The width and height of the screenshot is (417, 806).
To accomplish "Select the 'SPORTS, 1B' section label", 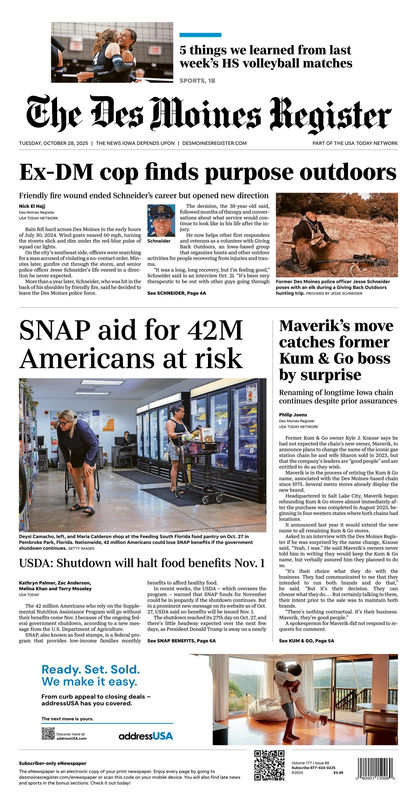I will coord(197,81).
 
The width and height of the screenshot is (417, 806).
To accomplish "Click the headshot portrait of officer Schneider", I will coord(161,221).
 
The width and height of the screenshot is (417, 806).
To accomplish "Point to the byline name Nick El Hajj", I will coord(32,206).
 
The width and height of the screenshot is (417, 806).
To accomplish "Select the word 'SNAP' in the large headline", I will coord(55,331).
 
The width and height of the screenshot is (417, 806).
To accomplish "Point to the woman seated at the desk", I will coord(126,438).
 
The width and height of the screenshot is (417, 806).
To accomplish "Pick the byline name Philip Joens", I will coord(293,415).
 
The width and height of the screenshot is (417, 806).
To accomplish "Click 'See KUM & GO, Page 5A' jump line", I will coord(306,641).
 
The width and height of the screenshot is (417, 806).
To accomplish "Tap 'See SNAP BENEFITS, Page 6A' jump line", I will coord(181,641).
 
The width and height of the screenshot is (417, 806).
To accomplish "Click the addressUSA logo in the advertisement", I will coord(146,736).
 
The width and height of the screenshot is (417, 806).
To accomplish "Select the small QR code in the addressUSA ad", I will coord(48,733).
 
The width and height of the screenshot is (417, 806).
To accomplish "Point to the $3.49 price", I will coord(338,772).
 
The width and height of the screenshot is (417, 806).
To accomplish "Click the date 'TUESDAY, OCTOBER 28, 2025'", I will coord(54,143).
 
